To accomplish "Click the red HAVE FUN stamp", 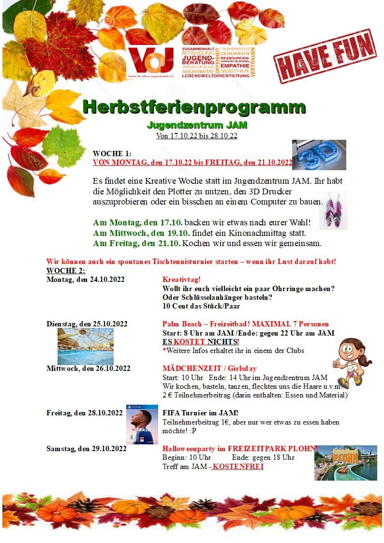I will (x=325, y=57).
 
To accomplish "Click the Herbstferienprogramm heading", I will (x=194, y=106).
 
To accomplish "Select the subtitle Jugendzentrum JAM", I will (x=197, y=125).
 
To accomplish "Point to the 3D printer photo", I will (x=319, y=155).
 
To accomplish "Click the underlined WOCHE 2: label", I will (x=66, y=270).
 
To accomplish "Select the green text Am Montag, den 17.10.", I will (x=138, y=223).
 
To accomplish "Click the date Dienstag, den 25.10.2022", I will (x=87, y=323).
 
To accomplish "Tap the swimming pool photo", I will (x=86, y=346).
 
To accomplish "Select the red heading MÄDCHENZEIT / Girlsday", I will (x=209, y=368).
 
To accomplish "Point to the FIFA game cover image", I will (x=142, y=425).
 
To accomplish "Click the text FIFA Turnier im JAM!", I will (x=200, y=413).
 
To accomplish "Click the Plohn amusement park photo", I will (x=345, y=463).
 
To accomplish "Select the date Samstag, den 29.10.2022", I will (x=87, y=449).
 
